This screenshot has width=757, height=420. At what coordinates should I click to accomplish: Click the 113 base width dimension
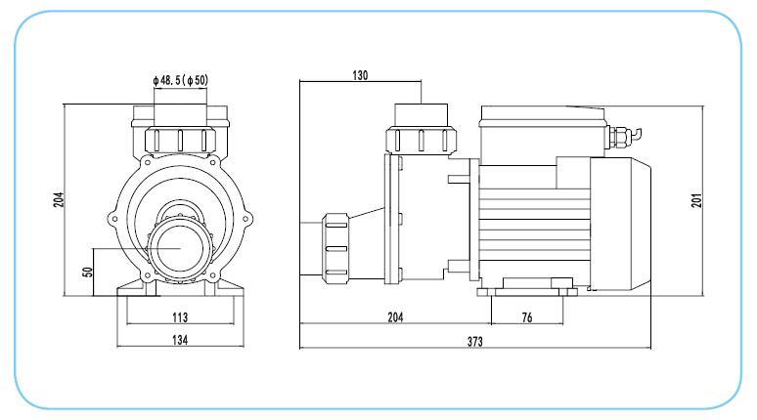[x=179, y=316]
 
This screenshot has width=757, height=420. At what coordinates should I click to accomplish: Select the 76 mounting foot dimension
[x=527, y=316]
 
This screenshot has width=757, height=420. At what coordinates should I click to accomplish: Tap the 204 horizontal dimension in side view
[x=395, y=316]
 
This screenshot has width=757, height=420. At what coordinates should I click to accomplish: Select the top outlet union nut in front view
[x=180, y=138]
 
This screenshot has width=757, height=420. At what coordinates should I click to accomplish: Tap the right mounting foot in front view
[x=227, y=288]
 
